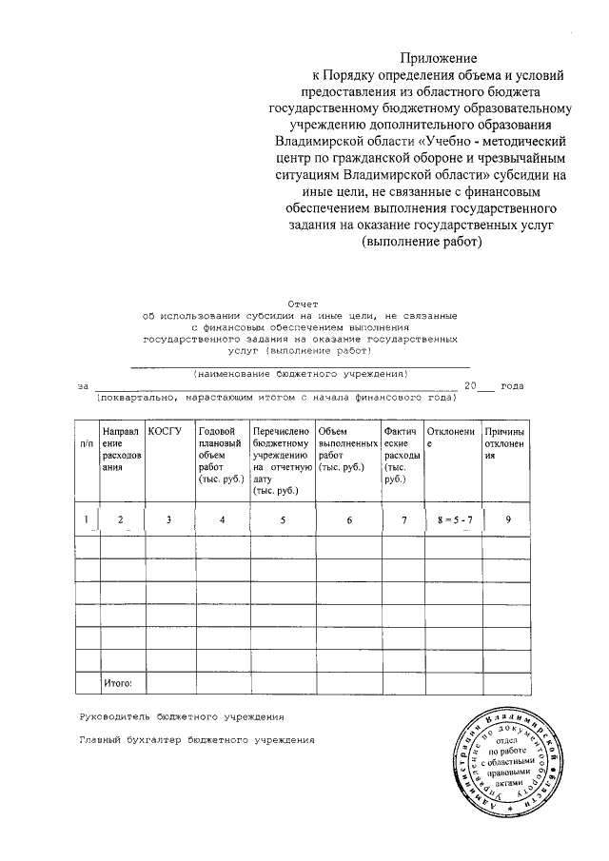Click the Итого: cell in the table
tap(117, 682)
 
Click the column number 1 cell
tap(87, 519)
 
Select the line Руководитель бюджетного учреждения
tap(181, 714)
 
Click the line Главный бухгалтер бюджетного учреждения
tap(195, 738)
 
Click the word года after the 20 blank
tap(512, 385)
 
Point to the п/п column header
tap(87, 443)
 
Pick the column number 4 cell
tap(221, 519)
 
